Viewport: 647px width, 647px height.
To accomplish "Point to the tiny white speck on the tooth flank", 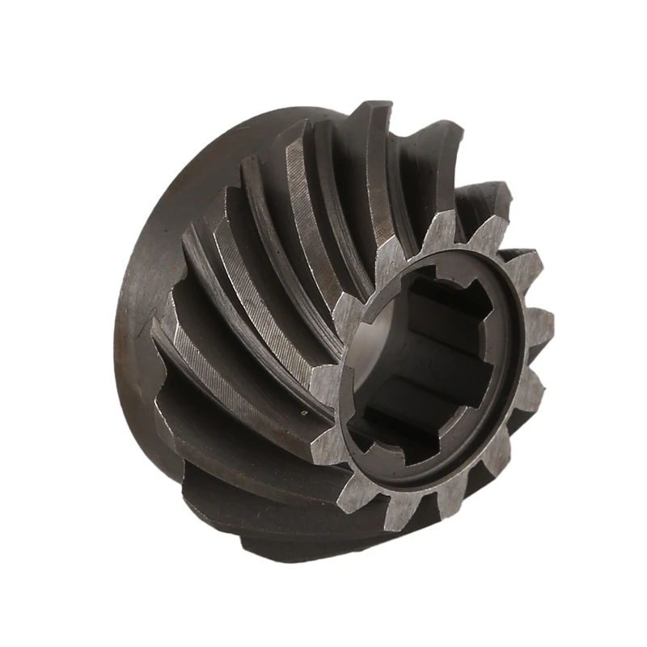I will (305, 413).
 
